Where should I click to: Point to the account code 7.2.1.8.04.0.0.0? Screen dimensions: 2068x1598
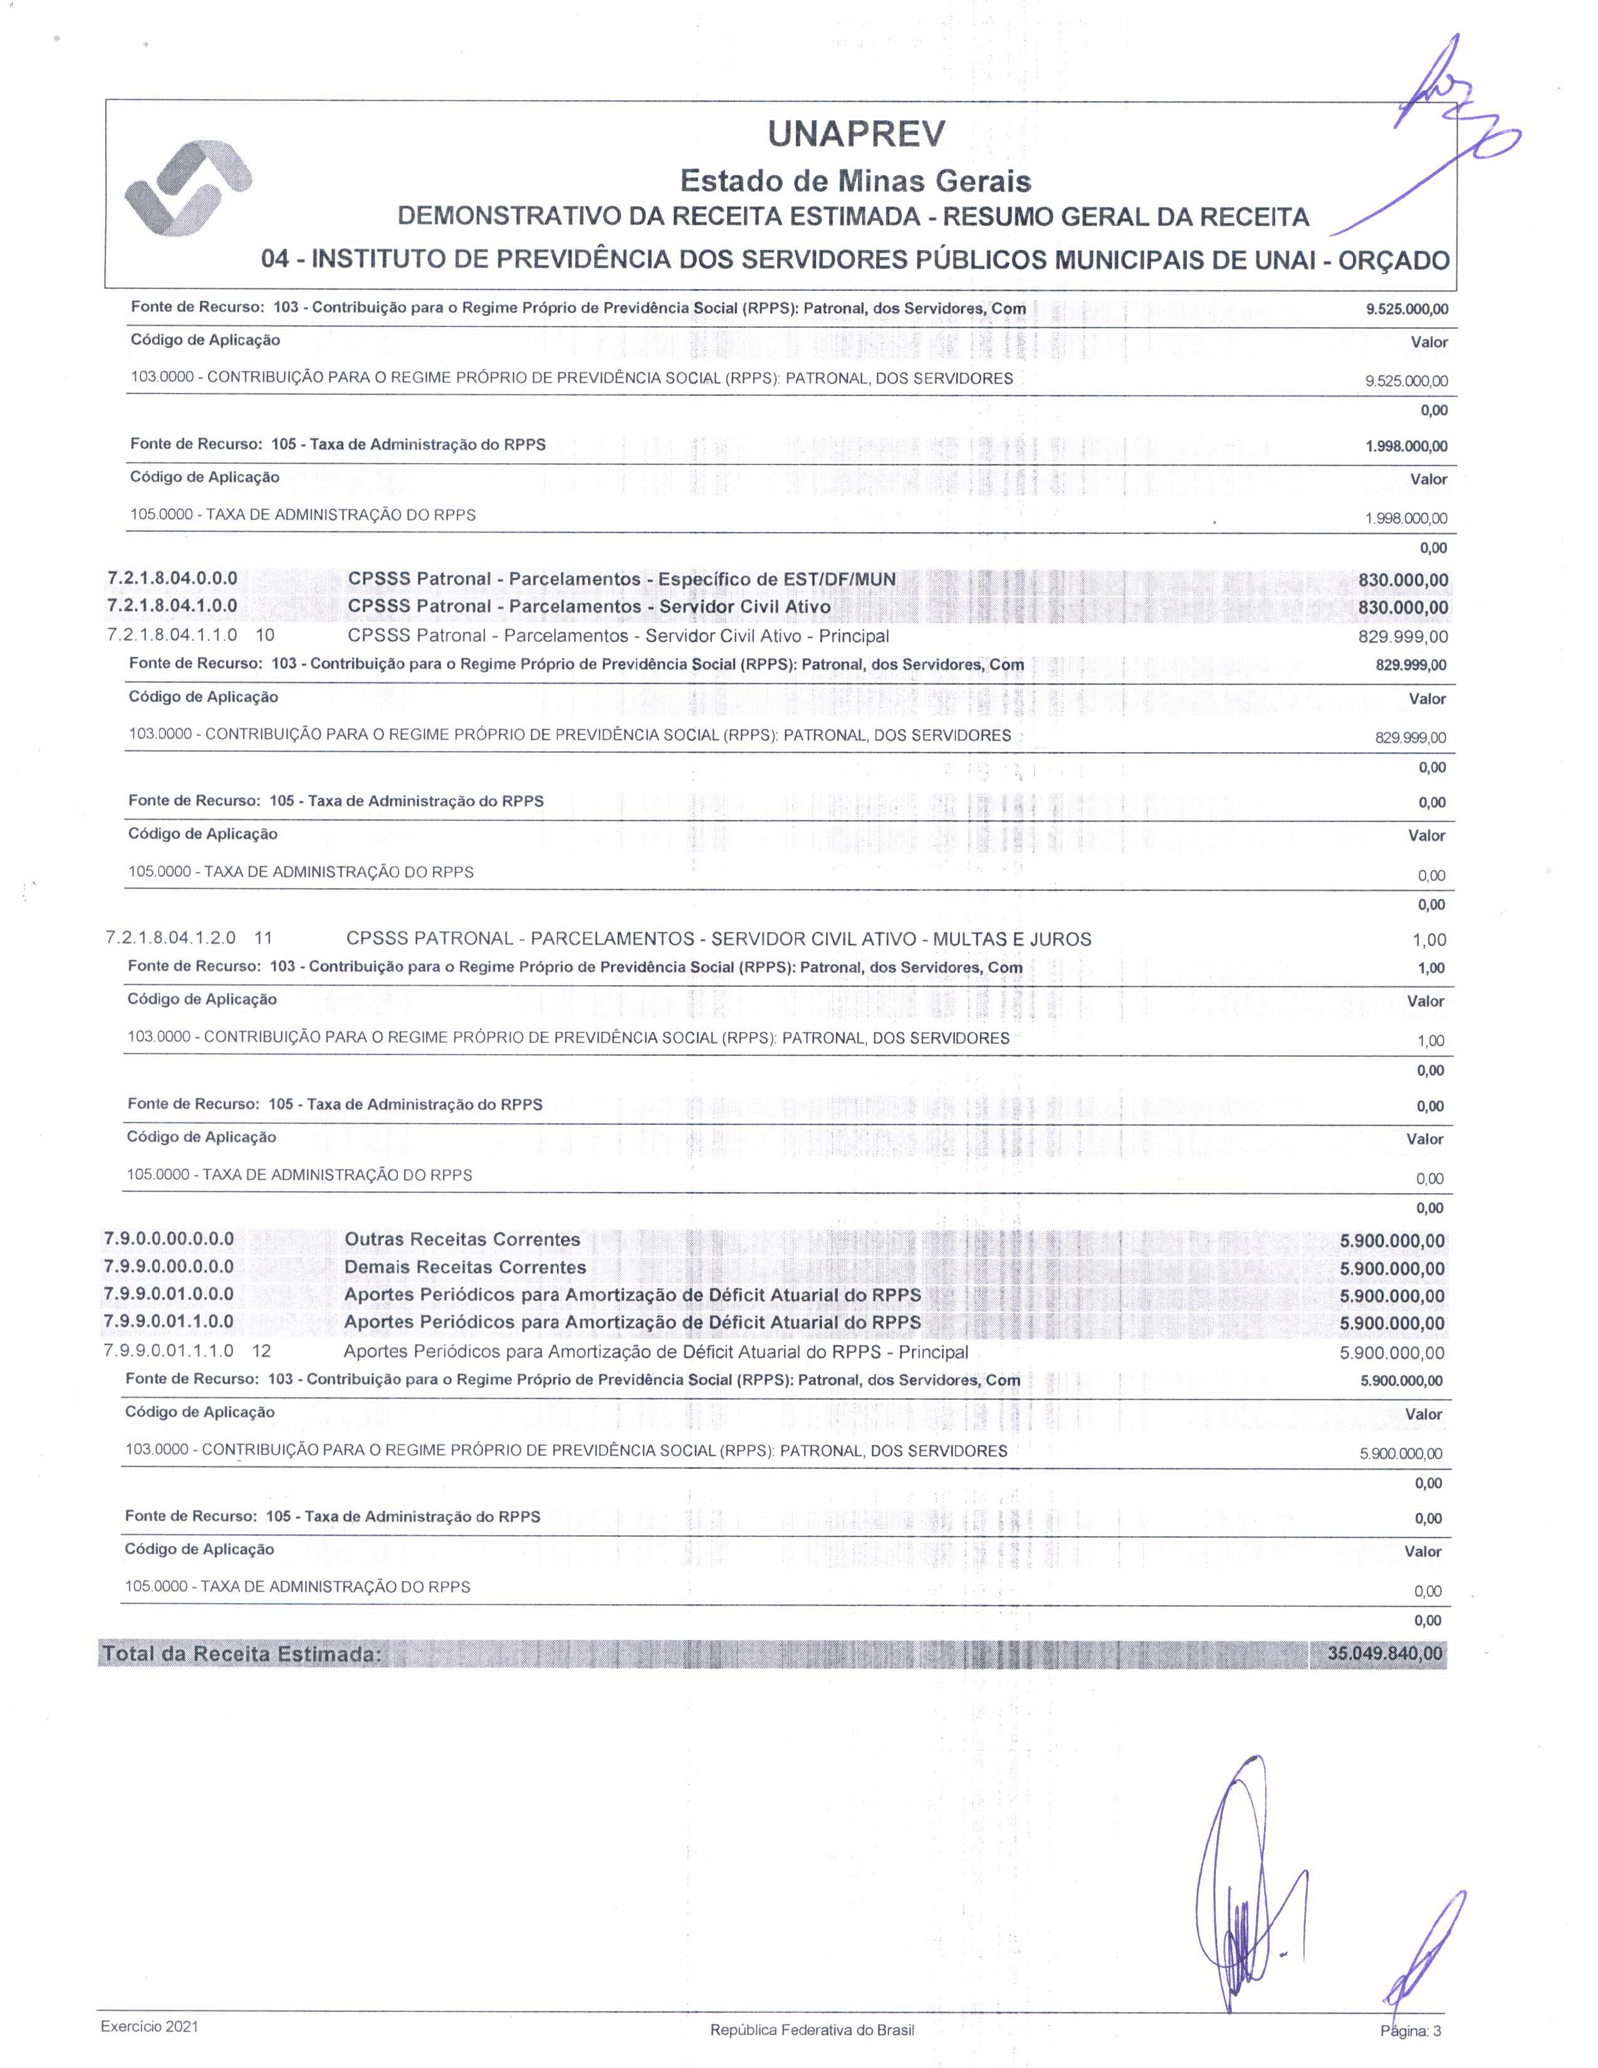click(x=172, y=578)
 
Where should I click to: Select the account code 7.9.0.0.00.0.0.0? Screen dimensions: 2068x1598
click(x=169, y=1240)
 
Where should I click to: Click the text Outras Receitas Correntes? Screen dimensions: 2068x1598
click(x=462, y=1240)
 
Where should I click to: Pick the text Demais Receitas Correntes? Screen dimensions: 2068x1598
click(x=465, y=1267)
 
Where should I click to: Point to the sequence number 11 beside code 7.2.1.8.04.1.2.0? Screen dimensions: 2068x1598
click(x=263, y=938)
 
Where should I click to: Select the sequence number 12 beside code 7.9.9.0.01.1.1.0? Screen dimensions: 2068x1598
click(x=261, y=1351)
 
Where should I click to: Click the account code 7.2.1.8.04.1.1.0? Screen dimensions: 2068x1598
click(x=172, y=635)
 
